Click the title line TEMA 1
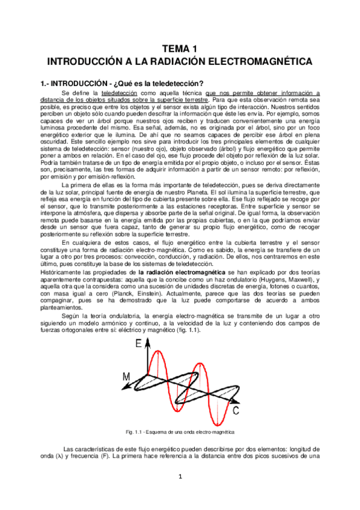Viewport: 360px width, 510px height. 180,49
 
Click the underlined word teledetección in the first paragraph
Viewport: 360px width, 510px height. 119,93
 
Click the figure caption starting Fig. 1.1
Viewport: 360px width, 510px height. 180,432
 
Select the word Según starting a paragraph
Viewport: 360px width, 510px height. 72,316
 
